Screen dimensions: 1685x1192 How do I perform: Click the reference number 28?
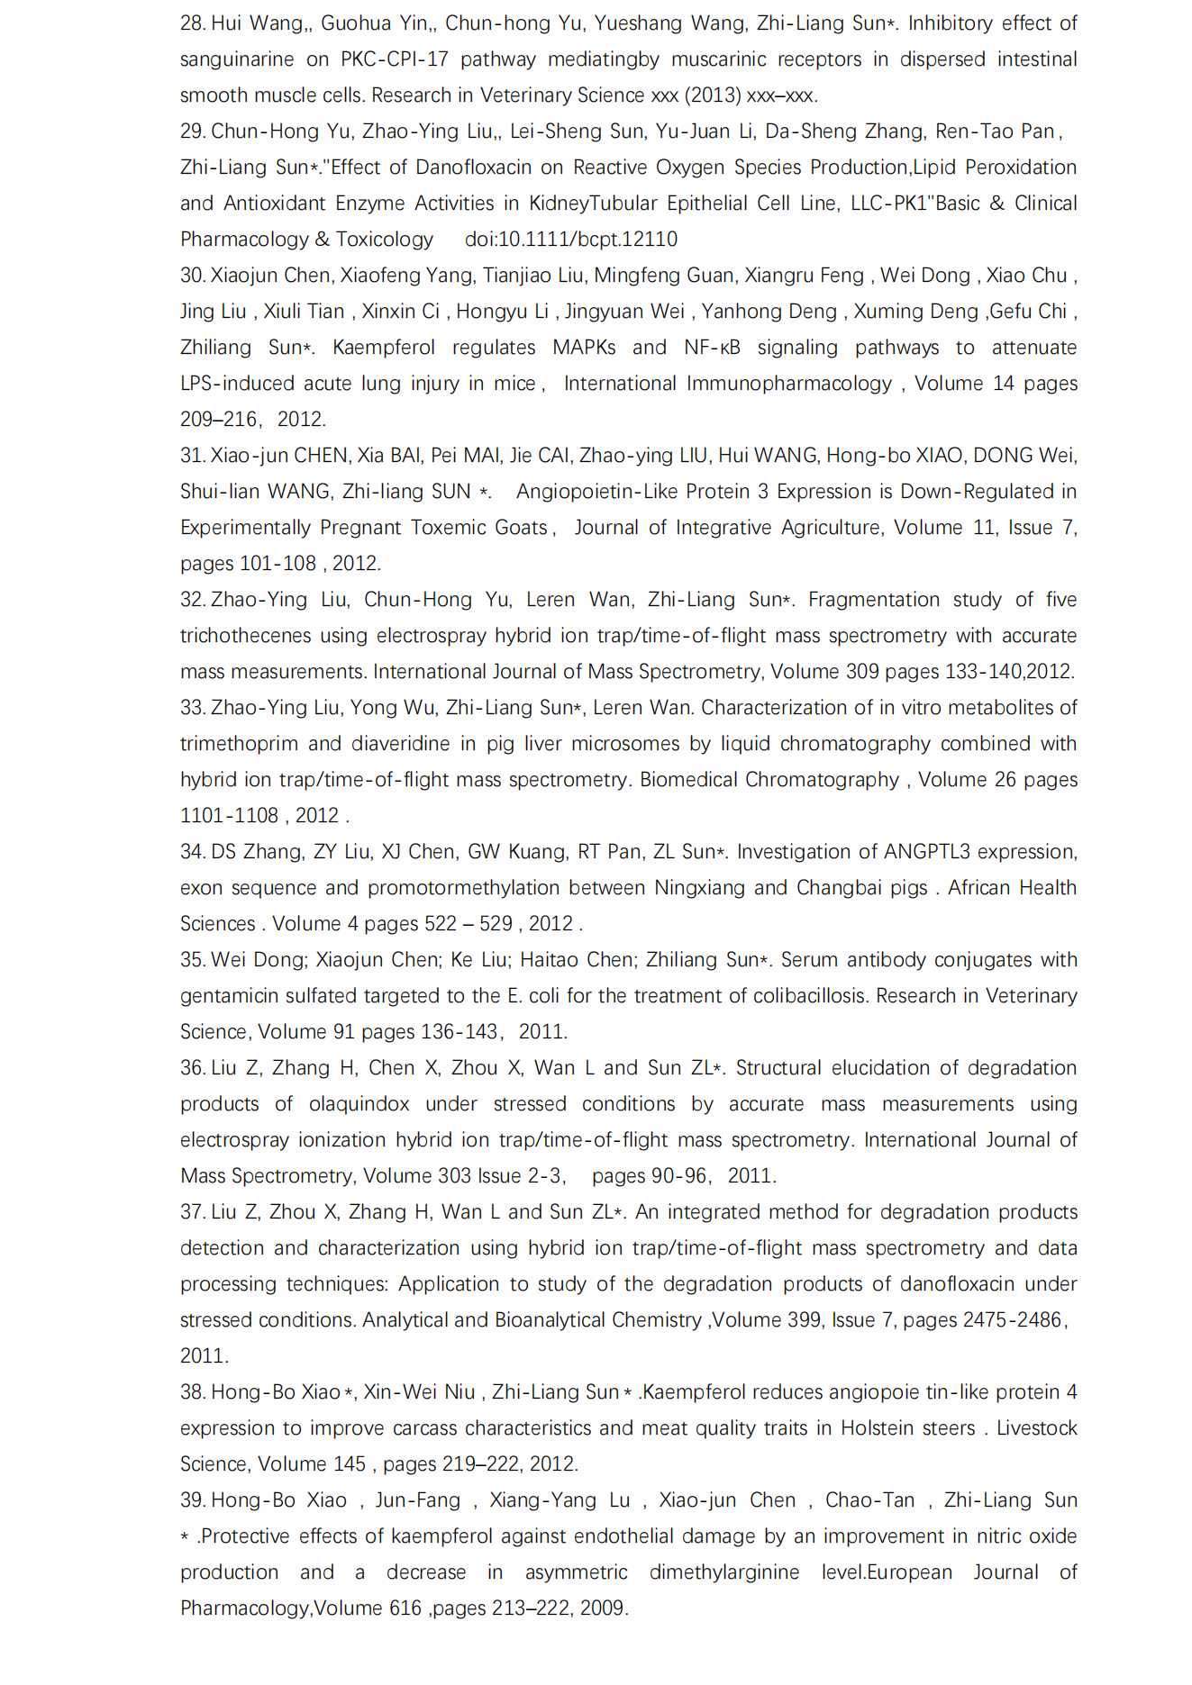point(193,23)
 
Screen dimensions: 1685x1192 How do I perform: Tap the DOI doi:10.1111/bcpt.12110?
point(571,240)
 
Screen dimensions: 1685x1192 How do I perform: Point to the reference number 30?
point(193,276)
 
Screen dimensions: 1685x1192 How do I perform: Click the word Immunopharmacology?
point(788,384)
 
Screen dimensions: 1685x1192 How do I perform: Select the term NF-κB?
point(712,348)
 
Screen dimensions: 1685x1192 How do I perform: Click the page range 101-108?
point(278,564)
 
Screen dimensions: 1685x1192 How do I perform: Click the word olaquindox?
point(359,1104)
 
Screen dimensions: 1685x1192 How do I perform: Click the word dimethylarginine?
point(724,1572)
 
